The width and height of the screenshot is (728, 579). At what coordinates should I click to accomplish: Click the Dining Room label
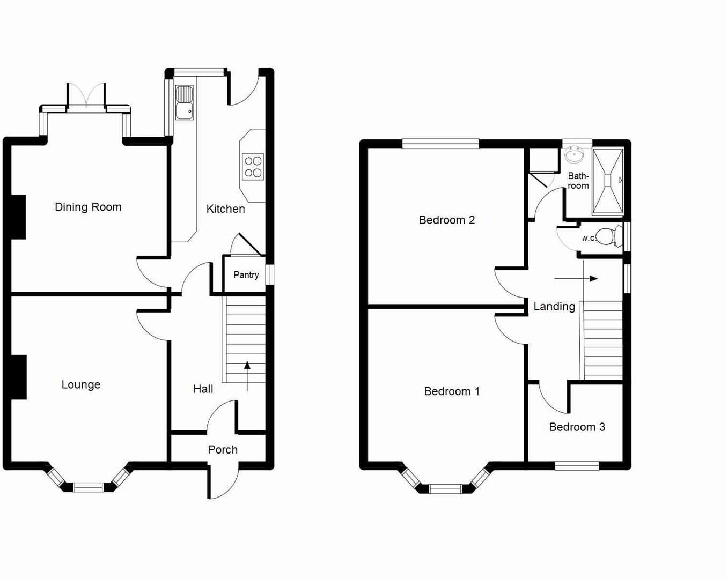[x=88, y=207]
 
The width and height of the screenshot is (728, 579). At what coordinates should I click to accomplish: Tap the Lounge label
[x=81, y=384]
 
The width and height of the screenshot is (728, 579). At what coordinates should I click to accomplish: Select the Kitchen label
[x=225, y=209]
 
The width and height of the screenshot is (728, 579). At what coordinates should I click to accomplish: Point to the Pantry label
[x=246, y=275]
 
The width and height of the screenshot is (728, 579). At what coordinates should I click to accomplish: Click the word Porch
[x=223, y=450]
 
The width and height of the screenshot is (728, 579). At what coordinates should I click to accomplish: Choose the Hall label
[x=203, y=389]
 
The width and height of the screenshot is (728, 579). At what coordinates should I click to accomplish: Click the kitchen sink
[x=184, y=102]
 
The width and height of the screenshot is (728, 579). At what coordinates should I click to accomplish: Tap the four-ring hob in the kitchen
[x=253, y=167]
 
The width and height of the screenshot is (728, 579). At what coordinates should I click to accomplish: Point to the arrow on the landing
[x=576, y=279]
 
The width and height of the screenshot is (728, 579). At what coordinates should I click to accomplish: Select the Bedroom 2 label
[x=446, y=220]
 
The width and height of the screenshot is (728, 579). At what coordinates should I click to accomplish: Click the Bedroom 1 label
[x=451, y=391]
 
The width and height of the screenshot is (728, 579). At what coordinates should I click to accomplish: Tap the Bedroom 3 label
[x=577, y=427]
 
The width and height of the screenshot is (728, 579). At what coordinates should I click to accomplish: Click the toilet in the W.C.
[x=608, y=236]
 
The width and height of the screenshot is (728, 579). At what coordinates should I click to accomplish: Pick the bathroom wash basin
[x=575, y=155]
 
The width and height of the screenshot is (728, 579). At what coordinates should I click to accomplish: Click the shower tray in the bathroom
[x=608, y=181]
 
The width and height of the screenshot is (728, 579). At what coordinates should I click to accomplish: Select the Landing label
[x=554, y=307]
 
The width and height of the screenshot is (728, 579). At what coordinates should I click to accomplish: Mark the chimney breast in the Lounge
[x=18, y=377]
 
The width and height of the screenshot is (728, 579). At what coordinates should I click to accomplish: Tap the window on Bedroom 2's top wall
[x=440, y=143]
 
